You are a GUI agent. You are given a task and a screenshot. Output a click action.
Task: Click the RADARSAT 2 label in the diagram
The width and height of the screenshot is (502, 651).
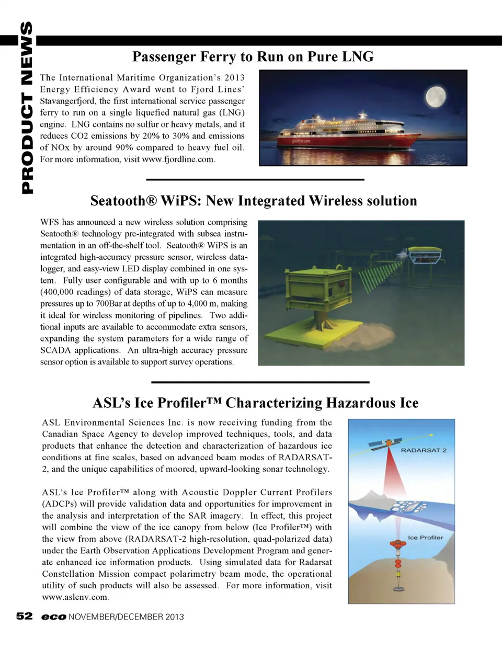(424, 450)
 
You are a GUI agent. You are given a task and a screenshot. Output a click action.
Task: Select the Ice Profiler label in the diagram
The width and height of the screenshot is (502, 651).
(425, 538)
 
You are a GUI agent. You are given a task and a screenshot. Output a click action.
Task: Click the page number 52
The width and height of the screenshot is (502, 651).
(24, 616)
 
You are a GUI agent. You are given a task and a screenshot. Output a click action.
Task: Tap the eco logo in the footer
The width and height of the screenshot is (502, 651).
(53, 617)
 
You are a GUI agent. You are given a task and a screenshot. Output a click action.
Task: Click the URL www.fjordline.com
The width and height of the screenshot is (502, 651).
(178, 159)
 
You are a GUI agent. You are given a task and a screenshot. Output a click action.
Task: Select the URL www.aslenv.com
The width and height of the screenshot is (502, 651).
(75, 597)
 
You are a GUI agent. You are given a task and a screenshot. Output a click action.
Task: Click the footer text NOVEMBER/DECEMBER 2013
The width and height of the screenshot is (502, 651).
(126, 617)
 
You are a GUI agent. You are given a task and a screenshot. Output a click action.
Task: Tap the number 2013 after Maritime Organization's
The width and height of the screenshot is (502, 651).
(234, 77)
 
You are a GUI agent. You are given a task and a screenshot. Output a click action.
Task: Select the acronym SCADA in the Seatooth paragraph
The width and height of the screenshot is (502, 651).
(54, 350)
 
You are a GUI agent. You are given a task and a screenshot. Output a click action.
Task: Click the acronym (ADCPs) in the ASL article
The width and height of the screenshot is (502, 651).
(60, 504)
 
